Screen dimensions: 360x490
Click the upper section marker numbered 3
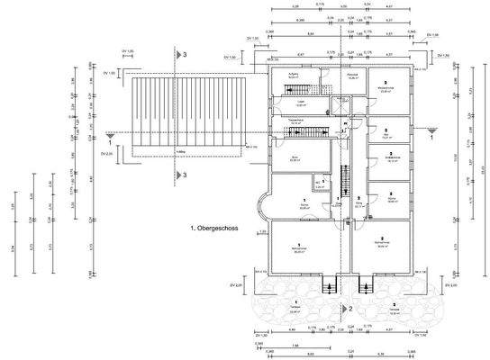[x=183, y=56]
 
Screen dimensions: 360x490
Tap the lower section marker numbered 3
[x=183, y=175]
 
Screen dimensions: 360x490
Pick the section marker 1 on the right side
[x=431, y=137]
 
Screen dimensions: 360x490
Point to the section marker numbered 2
[x=349, y=307]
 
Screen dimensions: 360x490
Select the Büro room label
[x=295, y=159]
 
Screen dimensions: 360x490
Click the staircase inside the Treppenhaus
[x=297, y=134]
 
